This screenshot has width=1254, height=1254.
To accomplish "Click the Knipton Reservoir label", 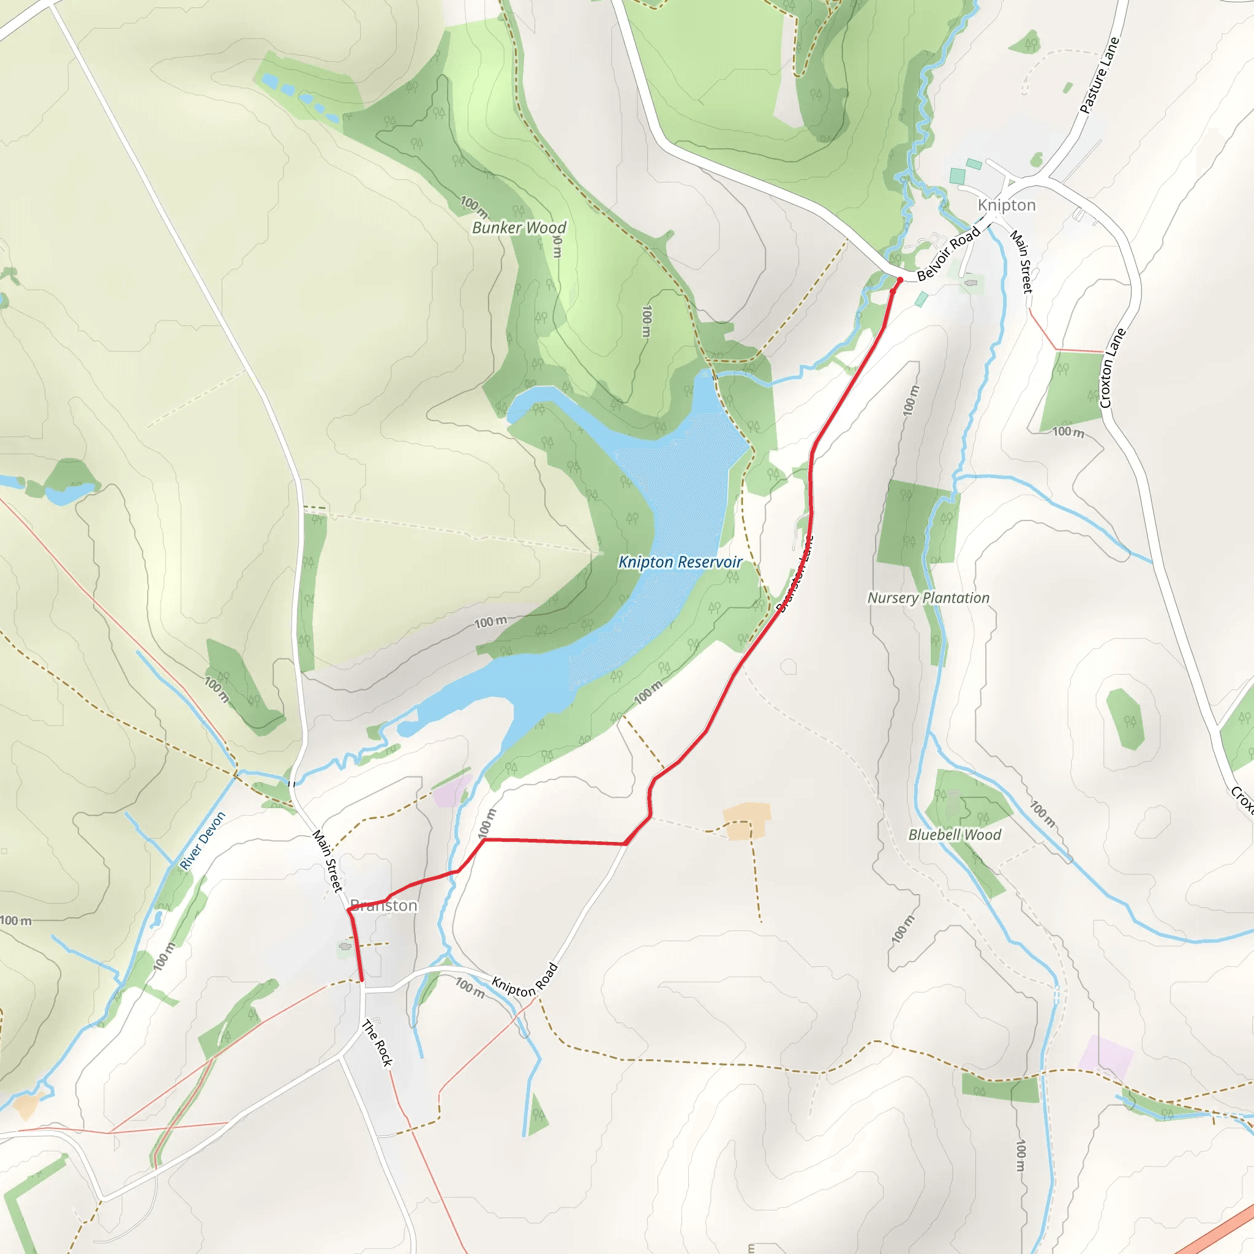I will tap(680, 562).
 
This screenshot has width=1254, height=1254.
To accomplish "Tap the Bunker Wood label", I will tap(519, 228).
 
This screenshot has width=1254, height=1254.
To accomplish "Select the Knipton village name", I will tap(1006, 205).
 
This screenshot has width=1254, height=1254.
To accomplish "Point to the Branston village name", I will tap(383, 906).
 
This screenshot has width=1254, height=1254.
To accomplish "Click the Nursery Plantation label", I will tap(928, 598).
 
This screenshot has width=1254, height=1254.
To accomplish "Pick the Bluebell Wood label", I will tap(954, 835).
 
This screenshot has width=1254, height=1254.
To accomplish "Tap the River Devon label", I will tap(203, 841).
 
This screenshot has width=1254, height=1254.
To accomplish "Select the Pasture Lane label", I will tap(1100, 76).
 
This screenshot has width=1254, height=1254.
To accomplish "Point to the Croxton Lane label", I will tap(1113, 368).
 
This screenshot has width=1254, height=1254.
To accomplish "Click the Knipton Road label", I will tap(525, 980).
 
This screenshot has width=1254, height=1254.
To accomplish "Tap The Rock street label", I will tap(378, 1043).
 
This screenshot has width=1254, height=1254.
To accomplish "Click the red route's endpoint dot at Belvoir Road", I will tap(899, 280).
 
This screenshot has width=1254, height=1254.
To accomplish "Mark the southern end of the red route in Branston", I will tap(361, 980).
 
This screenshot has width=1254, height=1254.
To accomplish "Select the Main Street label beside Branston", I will tap(327, 861).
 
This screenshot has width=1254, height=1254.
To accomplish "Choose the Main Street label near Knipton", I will tap(1021, 261).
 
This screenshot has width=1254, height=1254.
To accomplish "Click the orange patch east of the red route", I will tap(747, 821).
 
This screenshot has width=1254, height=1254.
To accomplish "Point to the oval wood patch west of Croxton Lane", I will tap(1125, 719).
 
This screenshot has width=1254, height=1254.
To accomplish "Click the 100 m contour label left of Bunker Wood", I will tap(474, 206).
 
